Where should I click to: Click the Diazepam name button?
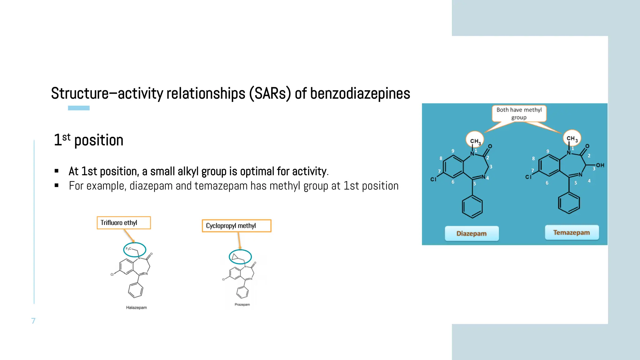472,233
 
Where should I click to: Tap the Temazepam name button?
572,232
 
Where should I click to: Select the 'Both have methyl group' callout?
519,113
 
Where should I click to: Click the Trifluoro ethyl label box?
124,223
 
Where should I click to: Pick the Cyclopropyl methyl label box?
236,226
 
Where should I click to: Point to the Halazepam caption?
136,307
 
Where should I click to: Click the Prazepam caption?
242,304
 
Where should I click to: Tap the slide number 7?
33,321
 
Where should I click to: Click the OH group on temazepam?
600,165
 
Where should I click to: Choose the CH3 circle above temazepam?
572,138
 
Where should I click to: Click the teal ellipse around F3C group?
135,249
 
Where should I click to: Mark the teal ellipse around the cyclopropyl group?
240,257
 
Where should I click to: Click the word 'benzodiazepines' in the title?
360,93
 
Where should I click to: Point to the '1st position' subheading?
89,140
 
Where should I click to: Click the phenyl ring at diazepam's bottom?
472,207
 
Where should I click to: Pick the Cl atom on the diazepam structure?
433,179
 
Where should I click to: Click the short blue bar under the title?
79,108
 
